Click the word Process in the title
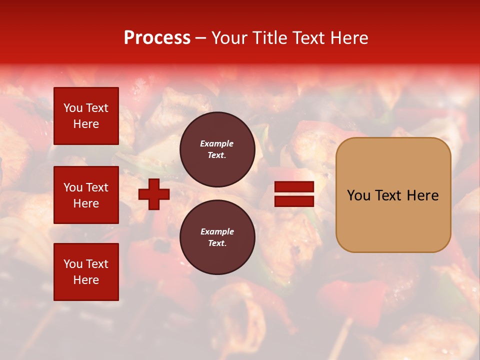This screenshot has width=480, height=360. [x=157, y=38]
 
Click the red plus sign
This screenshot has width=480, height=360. [x=154, y=194]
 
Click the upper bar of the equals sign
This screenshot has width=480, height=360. [x=294, y=187]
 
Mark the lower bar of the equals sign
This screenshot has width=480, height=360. [x=294, y=201]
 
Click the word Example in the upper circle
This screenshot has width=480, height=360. [x=217, y=143]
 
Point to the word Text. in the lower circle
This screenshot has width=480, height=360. [x=217, y=243]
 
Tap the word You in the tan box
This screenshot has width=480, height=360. [x=359, y=195]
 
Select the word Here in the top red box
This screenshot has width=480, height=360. [x=86, y=124]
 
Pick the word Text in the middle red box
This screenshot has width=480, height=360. [x=97, y=187]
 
